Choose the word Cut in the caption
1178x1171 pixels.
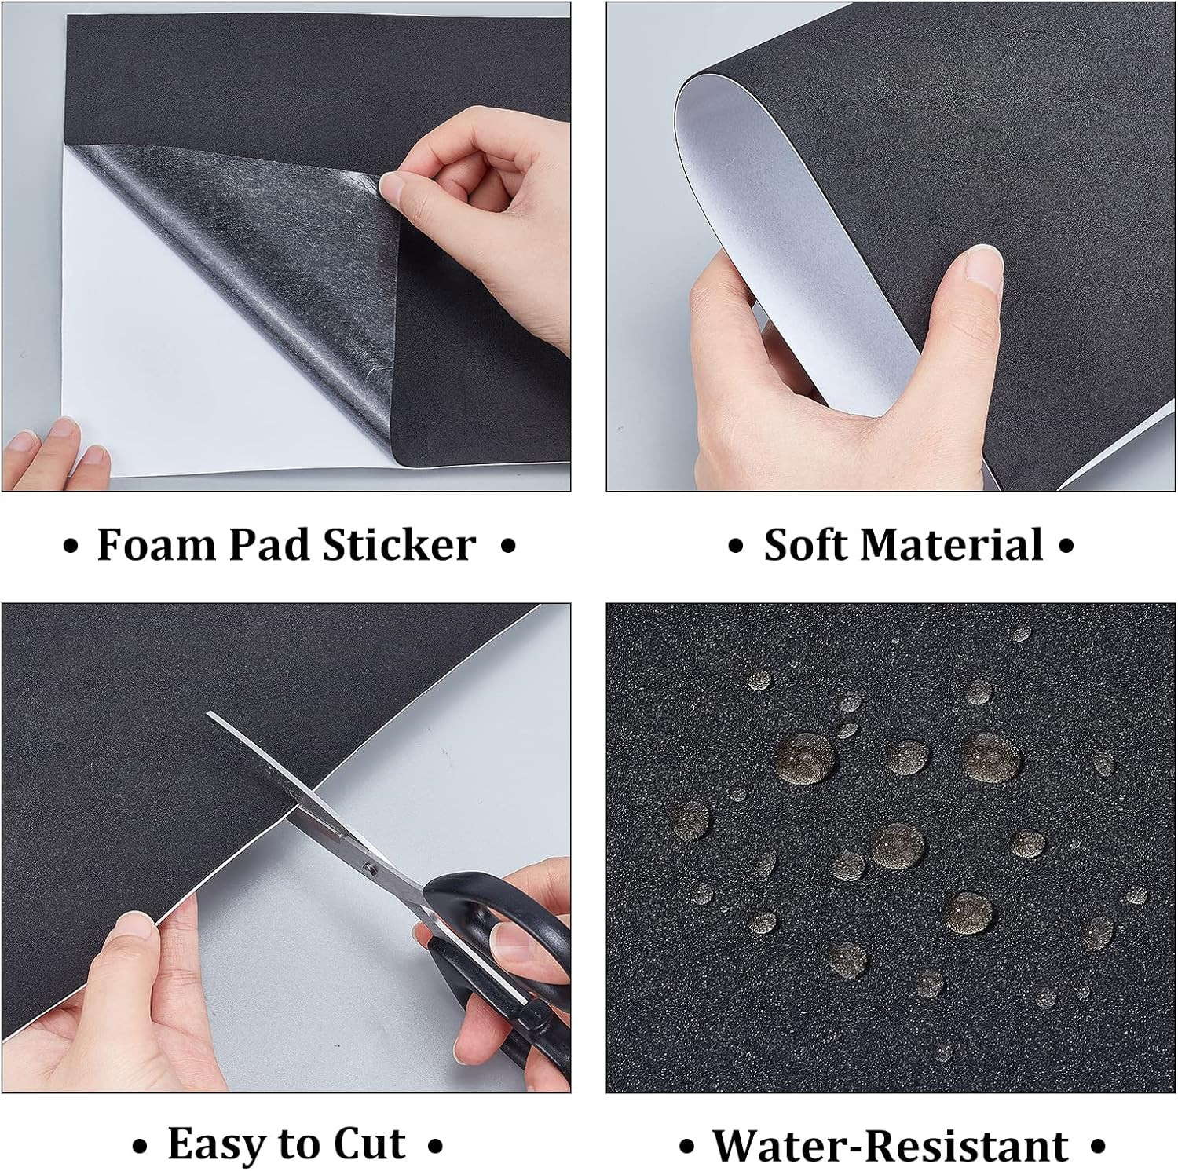point(369,1144)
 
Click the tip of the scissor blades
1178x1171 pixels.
point(210,714)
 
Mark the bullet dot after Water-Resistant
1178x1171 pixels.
point(1098,1146)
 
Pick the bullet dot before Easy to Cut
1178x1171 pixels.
point(140,1146)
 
